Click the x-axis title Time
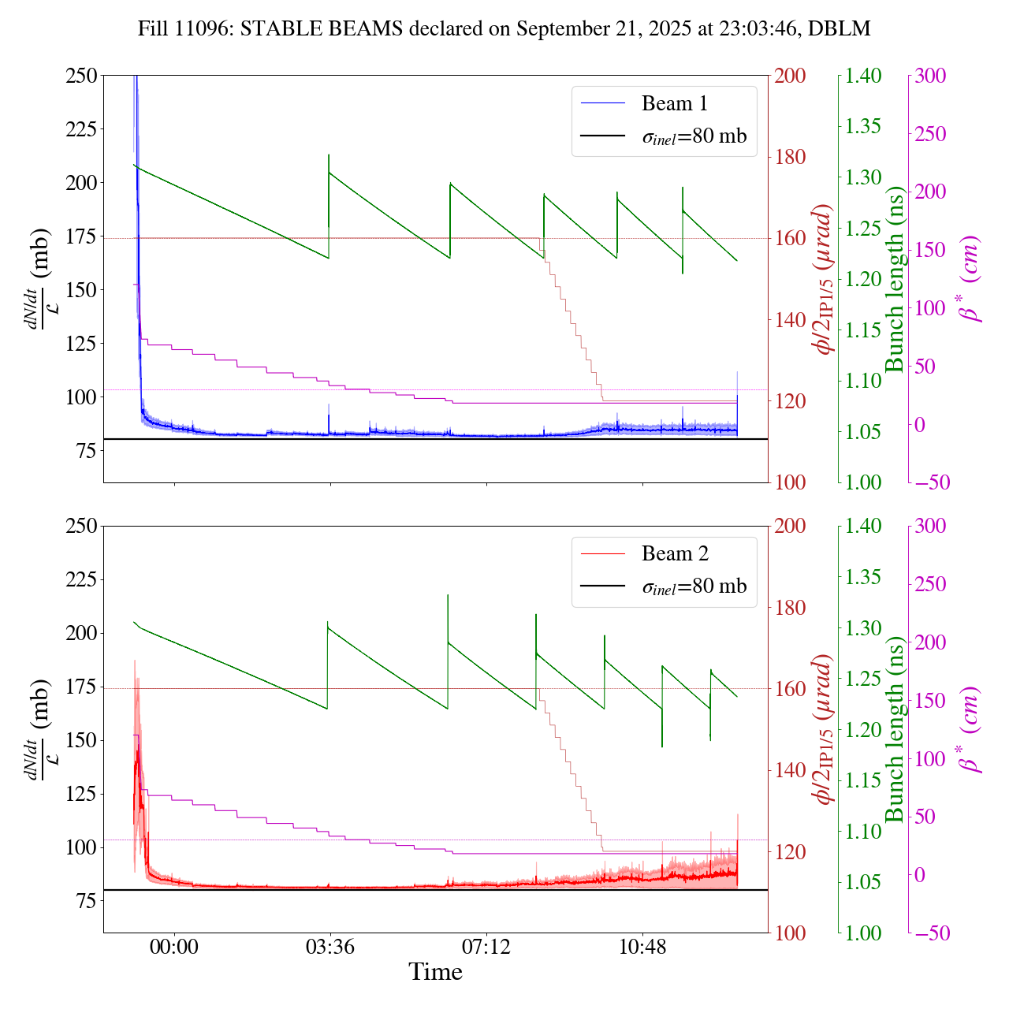coord(435,972)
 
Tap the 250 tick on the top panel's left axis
coord(81,76)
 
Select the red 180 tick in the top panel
coord(791,157)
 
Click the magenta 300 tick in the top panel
coord(931,76)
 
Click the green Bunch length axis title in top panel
coord(894,279)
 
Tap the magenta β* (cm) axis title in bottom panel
coord(971,729)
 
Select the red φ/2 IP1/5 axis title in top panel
coord(824,279)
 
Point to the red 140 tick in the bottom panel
coord(791,770)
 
